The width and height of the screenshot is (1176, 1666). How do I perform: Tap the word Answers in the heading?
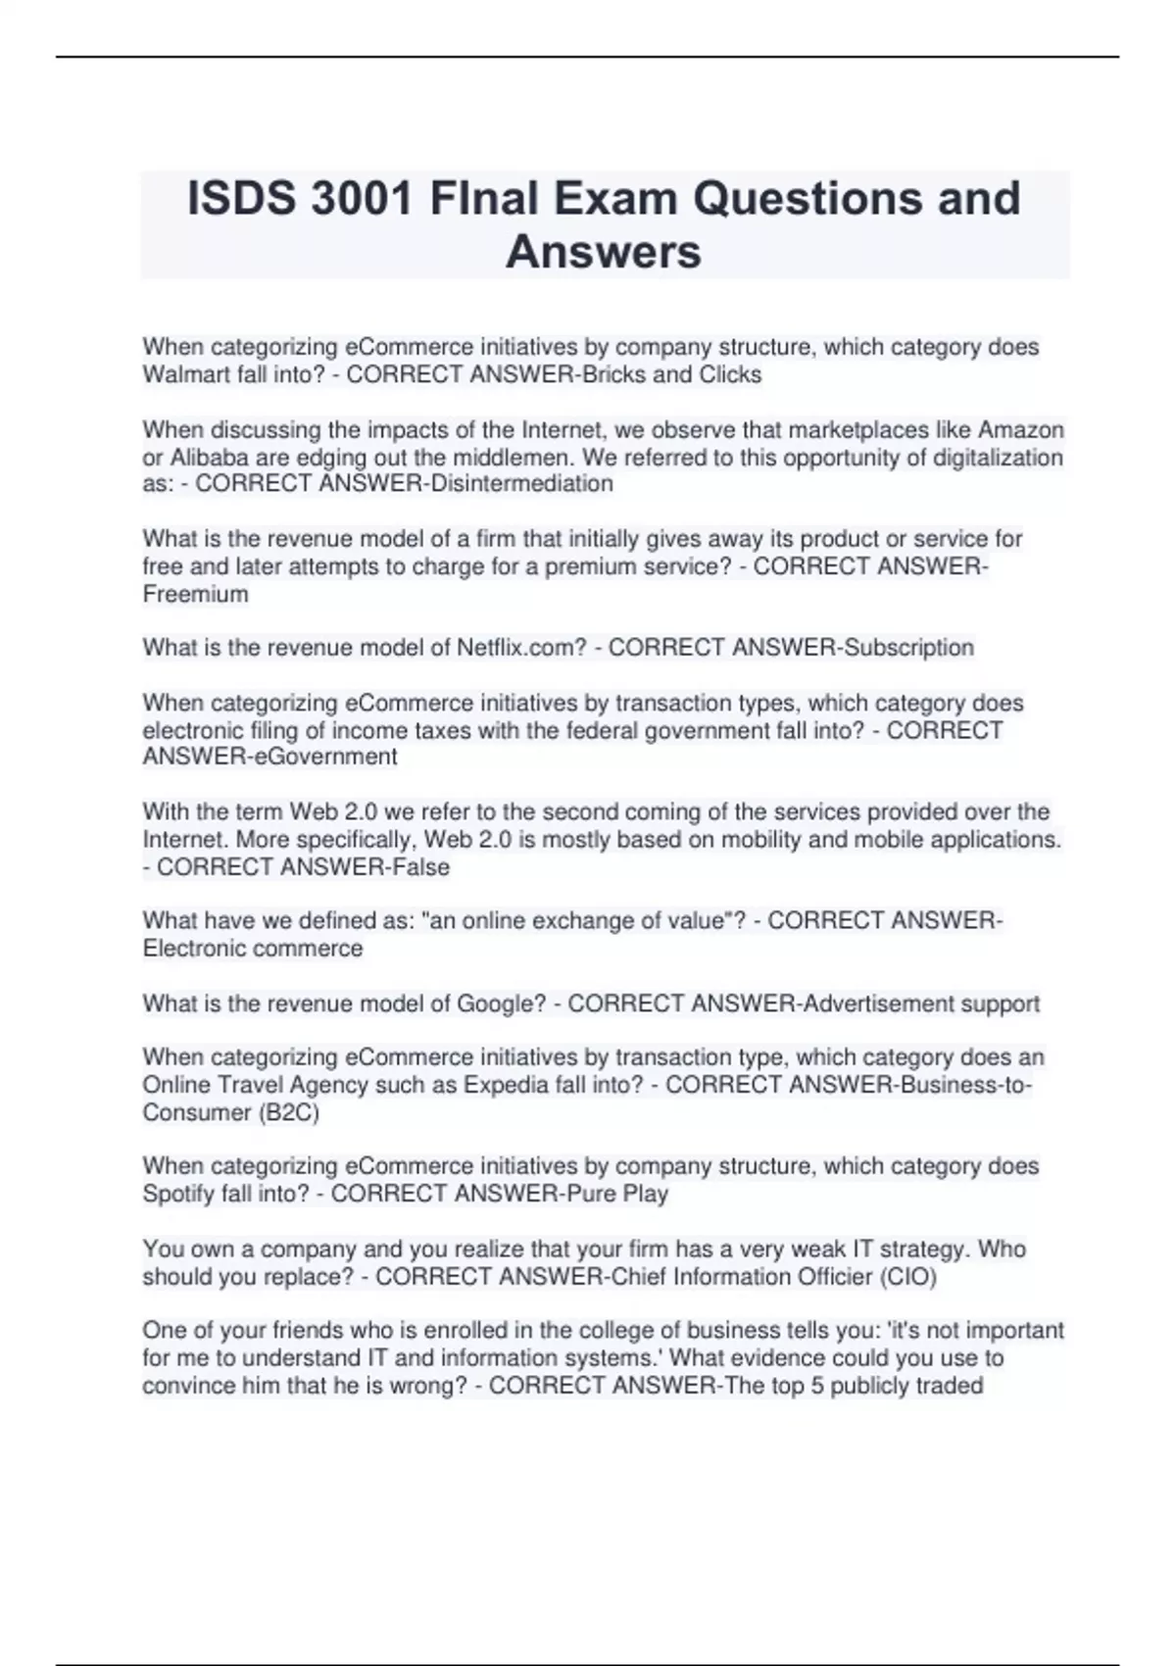[x=604, y=252]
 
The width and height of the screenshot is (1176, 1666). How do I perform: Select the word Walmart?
[x=179, y=374]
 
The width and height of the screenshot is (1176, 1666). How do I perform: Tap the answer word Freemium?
[x=195, y=594]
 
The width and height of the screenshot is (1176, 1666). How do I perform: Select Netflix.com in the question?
[x=521, y=648]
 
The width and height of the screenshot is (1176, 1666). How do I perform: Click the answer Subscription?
[x=909, y=648]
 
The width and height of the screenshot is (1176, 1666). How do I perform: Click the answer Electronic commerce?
[x=253, y=949]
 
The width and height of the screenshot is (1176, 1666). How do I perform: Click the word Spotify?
[x=180, y=1194]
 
